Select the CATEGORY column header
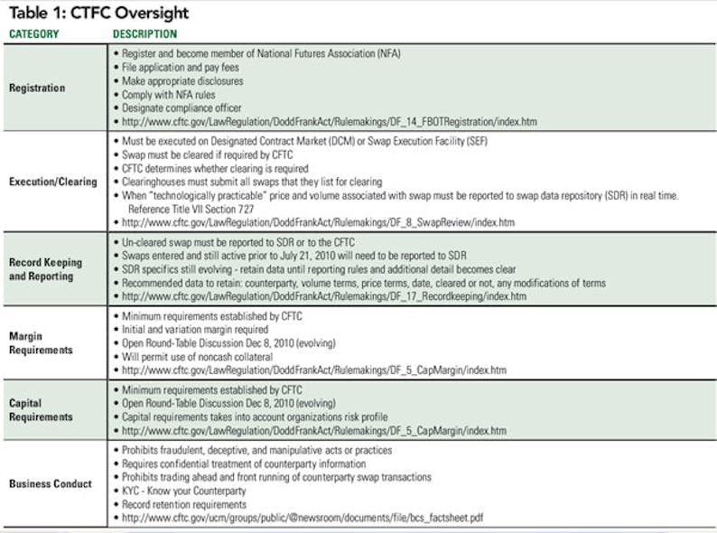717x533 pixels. pyautogui.click(x=33, y=34)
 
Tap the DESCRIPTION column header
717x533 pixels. pyautogui.click(x=145, y=34)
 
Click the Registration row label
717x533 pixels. pyautogui.click(x=37, y=88)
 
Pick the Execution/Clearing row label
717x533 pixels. pyautogui.click(x=52, y=181)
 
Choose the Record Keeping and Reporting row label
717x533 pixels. pyautogui.click(x=45, y=268)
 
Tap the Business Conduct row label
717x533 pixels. pyautogui.click(x=50, y=483)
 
